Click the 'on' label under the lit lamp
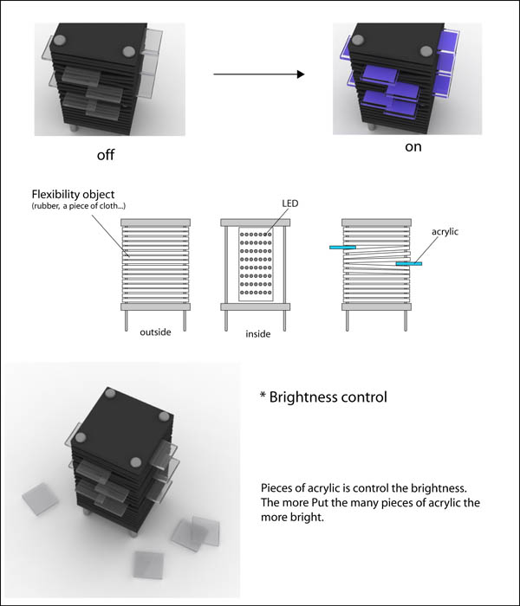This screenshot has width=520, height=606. tap(413, 147)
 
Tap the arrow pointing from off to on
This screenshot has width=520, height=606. tap(258, 74)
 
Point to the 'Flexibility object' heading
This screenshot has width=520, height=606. tap(74, 193)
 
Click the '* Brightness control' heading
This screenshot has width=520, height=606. tap(323, 397)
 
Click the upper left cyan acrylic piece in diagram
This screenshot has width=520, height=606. tap(341, 248)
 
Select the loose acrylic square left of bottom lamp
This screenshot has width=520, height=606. tap(38, 500)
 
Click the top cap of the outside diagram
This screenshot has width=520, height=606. tap(156, 222)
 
